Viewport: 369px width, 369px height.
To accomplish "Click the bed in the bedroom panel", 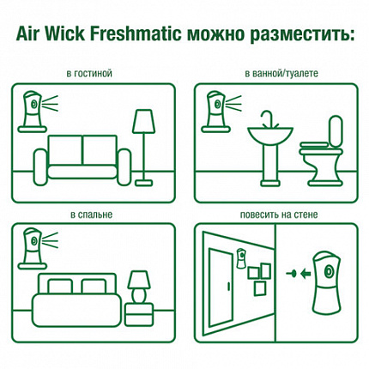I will [74, 297].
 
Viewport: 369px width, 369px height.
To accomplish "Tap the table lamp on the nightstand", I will [136, 284].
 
